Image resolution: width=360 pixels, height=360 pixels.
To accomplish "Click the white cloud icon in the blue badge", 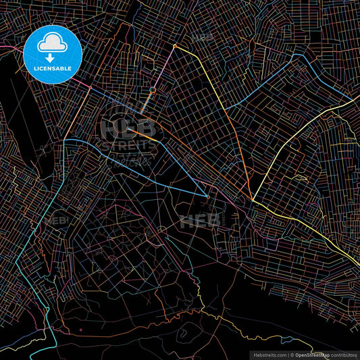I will [53, 43].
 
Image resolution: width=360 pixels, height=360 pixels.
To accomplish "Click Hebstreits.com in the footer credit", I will [269, 355].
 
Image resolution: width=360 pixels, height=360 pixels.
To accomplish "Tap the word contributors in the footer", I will [344, 355].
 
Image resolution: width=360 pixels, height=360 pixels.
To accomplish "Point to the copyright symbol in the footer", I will [292, 355].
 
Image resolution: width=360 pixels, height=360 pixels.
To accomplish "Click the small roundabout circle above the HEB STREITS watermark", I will [153, 90].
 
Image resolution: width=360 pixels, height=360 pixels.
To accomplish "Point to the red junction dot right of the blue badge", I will [90, 87].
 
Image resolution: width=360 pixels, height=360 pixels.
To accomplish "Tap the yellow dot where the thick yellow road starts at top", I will [174, 46].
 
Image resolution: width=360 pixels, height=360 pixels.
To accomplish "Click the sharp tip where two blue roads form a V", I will [207, 196].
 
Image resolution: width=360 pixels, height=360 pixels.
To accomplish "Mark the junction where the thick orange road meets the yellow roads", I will [253, 200].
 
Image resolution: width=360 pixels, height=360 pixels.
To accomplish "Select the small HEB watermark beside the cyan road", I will [57, 220].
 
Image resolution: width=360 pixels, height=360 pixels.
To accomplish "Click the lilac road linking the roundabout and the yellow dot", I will [164, 67].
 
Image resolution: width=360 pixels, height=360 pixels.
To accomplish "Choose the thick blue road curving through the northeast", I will [270, 82].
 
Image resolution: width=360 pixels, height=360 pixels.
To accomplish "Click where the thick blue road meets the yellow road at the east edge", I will [352, 98].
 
